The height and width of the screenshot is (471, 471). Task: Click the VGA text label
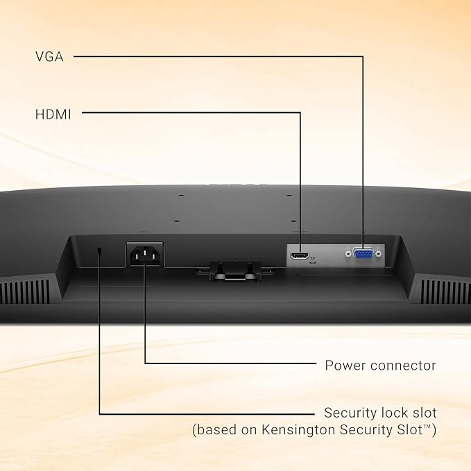pos(49,57)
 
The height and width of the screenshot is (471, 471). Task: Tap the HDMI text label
pos(53,114)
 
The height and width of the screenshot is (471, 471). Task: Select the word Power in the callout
pos(345,366)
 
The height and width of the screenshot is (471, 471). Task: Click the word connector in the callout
pos(403,366)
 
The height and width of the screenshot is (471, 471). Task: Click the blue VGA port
pos(363,254)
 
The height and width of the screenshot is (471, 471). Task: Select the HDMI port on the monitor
pos(300,256)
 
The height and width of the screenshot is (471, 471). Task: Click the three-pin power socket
pos(145,255)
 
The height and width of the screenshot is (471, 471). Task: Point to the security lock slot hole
pos(100,251)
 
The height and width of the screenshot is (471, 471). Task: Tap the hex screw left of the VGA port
pos(348,254)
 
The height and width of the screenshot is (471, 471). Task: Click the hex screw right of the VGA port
pos(379,254)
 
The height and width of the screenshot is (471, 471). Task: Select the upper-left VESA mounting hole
pos(181,196)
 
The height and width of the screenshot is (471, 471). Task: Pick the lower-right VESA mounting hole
pos(293,221)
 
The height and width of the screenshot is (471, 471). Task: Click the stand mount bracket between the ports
pos(235,271)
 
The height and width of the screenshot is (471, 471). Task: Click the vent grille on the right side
pos(445,291)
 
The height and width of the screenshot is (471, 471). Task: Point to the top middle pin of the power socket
pos(145,251)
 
